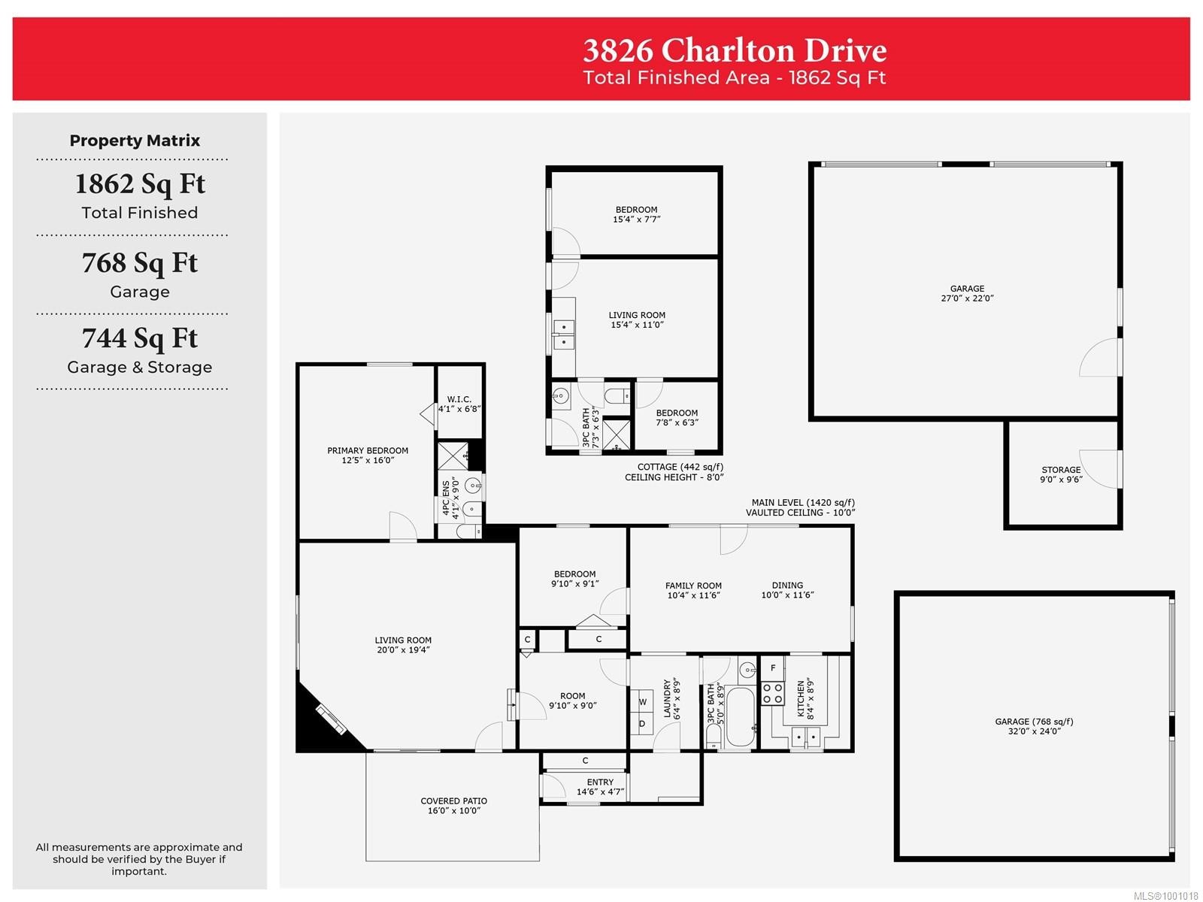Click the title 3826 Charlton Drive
pyautogui.click(x=735, y=50)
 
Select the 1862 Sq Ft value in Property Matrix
pyautogui.click(x=140, y=184)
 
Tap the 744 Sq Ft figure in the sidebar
pyautogui.click(x=140, y=338)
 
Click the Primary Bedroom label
pyautogui.click(x=368, y=456)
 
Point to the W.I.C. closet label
pyautogui.click(x=459, y=404)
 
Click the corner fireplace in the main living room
pyautogui.click(x=331, y=719)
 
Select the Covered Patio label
pyautogui.click(x=453, y=806)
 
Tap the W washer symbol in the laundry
pyautogui.click(x=643, y=702)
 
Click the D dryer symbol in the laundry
pyautogui.click(x=642, y=724)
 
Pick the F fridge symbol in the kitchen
pyautogui.click(x=772, y=667)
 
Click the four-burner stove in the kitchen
pyautogui.click(x=773, y=693)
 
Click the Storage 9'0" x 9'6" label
pyautogui.click(x=1061, y=474)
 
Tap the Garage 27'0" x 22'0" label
pyautogui.click(x=967, y=293)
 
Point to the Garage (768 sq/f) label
pyautogui.click(x=1034, y=726)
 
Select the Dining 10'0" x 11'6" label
pyautogui.click(x=787, y=590)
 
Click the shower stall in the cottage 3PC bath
pyautogui.click(x=617, y=434)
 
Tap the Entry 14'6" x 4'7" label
pyautogui.click(x=600, y=787)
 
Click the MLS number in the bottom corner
pyautogui.click(x=1165, y=896)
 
